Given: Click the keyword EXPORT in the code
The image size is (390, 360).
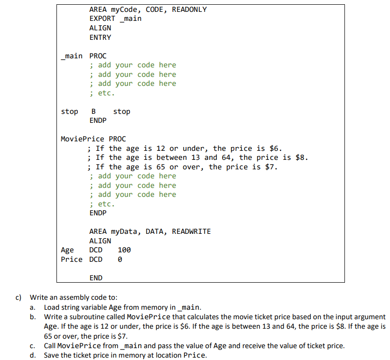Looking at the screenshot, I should (x=102, y=18).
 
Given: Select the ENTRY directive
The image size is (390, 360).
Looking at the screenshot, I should (x=100, y=37).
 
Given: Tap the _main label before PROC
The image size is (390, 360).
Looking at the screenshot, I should (x=72, y=56).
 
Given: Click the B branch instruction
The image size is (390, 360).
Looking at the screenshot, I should (x=93, y=111).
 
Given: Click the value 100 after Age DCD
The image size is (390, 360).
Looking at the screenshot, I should (x=124, y=250).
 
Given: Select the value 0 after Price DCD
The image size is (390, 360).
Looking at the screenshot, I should (x=120, y=259).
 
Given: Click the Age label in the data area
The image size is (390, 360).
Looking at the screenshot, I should (x=67, y=250).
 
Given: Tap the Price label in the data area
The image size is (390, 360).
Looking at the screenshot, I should (x=72, y=259).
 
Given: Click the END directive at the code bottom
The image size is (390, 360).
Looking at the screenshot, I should (x=95, y=278).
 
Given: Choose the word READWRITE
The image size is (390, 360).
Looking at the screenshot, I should (x=191, y=231).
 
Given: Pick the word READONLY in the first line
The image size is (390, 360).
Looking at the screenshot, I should (x=189, y=9).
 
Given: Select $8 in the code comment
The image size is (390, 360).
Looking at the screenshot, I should (x=302, y=157).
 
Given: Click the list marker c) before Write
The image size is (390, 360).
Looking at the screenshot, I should (x=19, y=298).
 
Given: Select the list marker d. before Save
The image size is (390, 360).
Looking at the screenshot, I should (x=33, y=355).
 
